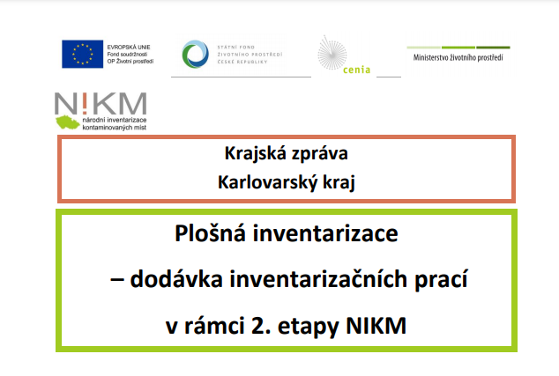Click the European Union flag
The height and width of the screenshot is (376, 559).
(82, 54)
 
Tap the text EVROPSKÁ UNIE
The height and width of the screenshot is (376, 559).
(129, 47)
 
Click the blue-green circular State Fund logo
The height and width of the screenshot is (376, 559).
(196, 54)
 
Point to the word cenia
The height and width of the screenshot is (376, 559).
(356, 70)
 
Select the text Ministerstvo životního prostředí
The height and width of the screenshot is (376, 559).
(458, 57)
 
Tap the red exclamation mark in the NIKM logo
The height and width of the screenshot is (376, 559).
(85, 103)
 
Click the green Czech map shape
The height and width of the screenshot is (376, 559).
(67, 122)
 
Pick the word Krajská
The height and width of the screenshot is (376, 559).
(256, 154)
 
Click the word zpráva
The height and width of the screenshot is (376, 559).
(320, 154)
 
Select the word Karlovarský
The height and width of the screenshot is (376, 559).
(267, 182)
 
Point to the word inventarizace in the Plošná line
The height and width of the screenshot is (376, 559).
(325, 234)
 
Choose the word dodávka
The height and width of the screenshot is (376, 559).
(176, 279)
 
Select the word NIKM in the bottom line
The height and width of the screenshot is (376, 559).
(376, 326)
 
